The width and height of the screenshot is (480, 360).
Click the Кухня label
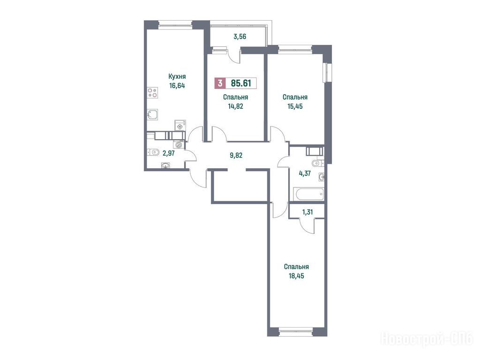(x=177, y=76)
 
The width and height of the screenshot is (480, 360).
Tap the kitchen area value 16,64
(x=177, y=85)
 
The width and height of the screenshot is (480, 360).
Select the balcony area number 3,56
(x=240, y=37)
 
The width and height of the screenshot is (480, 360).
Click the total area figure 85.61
(x=241, y=83)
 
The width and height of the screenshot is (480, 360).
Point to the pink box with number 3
(x=219, y=83)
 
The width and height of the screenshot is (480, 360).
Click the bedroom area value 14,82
(x=235, y=106)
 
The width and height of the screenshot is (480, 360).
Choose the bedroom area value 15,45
(x=295, y=106)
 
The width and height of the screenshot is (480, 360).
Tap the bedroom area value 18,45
(x=296, y=276)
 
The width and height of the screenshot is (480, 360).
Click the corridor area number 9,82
(x=236, y=155)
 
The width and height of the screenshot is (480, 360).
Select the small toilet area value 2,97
(x=169, y=153)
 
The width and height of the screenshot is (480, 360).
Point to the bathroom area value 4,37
(x=305, y=173)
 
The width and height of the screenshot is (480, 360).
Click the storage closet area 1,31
(x=307, y=212)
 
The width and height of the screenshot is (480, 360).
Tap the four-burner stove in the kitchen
(x=152, y=92)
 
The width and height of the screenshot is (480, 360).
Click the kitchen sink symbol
(x=152, y=115)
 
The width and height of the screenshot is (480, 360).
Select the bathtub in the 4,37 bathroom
(x=308, y=194)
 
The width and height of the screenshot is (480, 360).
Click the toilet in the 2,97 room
(x=153, y=151)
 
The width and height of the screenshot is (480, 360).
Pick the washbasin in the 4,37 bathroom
(x=322, y=177)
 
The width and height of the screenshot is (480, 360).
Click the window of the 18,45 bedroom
(x=296, y=330)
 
